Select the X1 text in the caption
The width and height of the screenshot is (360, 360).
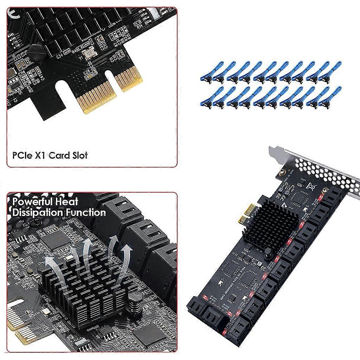pos(39,155)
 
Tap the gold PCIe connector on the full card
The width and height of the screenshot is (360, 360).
pos(246,214)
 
